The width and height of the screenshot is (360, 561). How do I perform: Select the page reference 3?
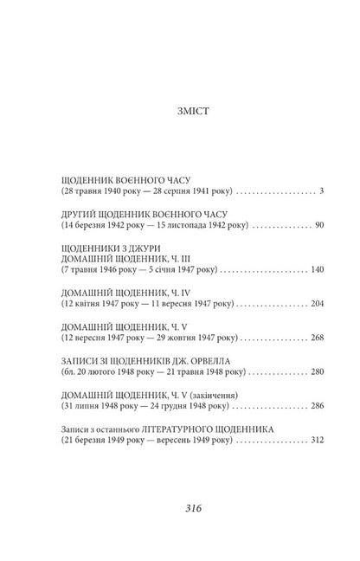coord(309,189)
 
